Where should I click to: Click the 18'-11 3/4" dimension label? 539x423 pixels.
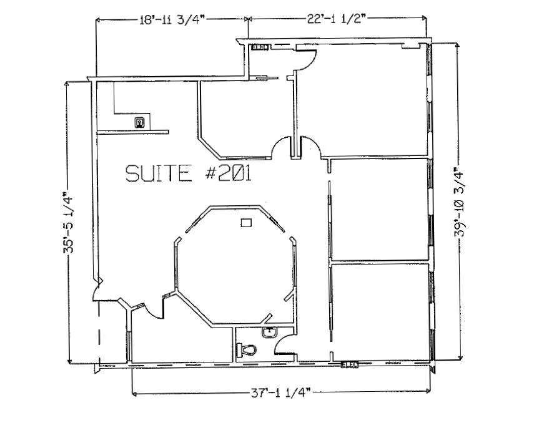pos(173,19)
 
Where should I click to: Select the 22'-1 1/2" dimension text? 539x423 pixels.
pos(338,19)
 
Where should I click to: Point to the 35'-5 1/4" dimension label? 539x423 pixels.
pos(69,223)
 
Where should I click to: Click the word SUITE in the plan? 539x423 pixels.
pos(158,173)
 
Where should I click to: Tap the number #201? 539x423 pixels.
pos(227,173)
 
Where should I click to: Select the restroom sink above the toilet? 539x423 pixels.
pos(269,333)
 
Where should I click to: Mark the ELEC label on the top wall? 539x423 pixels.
pos(259,47)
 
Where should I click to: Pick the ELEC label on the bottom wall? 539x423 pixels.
pos(349,364)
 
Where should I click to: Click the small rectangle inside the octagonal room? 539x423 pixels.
pos(247,221)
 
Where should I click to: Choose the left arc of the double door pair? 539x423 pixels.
pos(282,147)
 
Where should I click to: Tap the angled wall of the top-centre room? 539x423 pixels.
pos(211,147)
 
